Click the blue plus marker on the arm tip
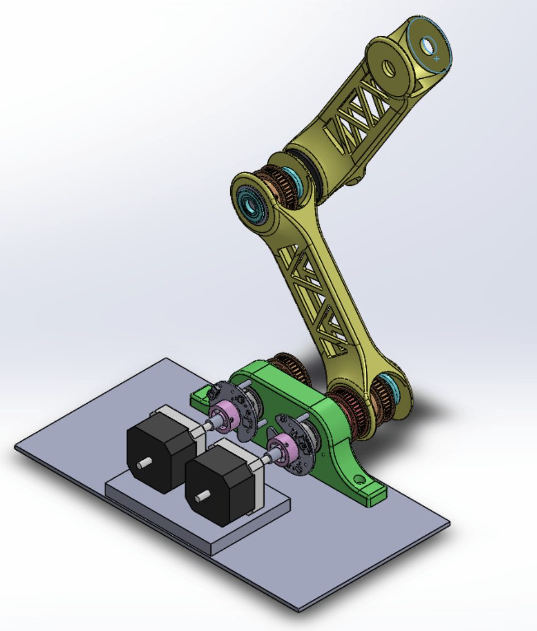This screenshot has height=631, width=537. (x=437, y=58)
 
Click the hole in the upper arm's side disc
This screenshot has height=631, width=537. (x=389, y=69)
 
